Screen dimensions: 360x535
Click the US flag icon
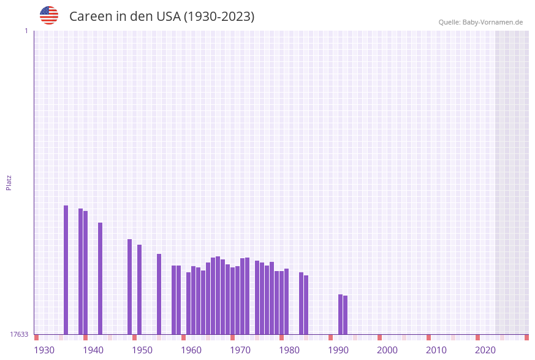point(49,15)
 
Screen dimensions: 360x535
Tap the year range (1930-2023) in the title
point(219,17)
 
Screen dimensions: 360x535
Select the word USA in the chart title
point(169,17)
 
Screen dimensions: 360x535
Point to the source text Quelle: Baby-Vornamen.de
point(480,22)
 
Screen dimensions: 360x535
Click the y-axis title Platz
point(9,182)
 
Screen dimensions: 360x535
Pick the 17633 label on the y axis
point(19,334)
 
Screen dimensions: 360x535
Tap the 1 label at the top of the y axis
point(26,31)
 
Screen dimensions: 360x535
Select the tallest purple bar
point(66,269)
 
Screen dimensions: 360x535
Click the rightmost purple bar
point(346,315)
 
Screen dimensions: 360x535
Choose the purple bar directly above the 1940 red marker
point(86,272)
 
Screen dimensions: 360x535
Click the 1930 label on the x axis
point(44,350)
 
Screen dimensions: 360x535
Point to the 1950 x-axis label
point(142,350)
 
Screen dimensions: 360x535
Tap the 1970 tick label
point(240,350)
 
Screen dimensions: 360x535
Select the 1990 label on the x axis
point(338,350)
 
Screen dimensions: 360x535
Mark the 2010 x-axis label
point(436,350)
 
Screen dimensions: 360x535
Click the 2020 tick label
point(485,350)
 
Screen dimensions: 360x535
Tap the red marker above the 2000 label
point(380,337)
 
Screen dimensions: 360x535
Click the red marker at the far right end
point(526,337)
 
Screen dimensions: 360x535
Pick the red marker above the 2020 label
point(478,337)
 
